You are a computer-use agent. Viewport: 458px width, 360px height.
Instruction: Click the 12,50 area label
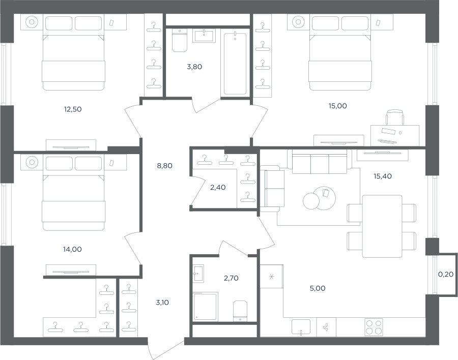click(x=73, y=109)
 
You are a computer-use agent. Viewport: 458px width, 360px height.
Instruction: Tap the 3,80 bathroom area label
click(x=194, y=67)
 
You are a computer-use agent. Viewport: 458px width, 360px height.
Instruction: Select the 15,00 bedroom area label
click(x=338, y=106)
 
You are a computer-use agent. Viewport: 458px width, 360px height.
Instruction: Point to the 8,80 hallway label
click(x=165, y=166)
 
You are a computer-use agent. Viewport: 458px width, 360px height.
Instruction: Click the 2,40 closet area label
click(x=218, y=188)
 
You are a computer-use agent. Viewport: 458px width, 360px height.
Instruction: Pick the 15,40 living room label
click(x=383, y=176)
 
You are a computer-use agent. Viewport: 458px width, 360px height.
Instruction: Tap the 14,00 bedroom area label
click(x=72, y=250)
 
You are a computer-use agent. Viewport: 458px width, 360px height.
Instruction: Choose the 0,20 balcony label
click(x=446, y=275)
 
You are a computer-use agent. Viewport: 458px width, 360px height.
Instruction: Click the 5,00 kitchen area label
click(x=318, y=288)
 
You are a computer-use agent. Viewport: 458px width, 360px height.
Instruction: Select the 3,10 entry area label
click(x=162, y=303)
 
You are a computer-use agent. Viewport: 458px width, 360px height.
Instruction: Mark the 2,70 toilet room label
click(x=232, y=278)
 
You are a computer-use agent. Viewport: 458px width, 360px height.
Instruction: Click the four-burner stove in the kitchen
click(x=374, y=327)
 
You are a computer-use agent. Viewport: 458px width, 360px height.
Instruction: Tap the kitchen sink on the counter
click(x=301, y=327)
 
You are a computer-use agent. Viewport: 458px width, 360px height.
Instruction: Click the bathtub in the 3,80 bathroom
click(x=235, y=64)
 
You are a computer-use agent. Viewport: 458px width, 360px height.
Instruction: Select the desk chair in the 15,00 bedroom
click(x=395, y=117)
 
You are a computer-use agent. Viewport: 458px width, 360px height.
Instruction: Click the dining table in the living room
click(x=382, y=226)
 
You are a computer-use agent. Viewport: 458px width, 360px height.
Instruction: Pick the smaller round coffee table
click(x=311, y=201)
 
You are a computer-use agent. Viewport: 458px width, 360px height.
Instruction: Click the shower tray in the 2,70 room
click(x=205, y=307)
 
